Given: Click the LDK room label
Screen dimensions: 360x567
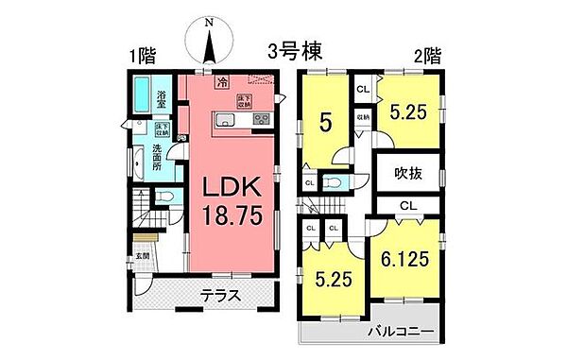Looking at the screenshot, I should point(232,187).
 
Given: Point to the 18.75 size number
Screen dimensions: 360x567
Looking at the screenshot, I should point(232,216).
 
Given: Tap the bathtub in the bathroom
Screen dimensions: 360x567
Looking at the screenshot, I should point(140,96).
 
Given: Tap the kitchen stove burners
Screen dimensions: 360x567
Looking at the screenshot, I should point(260,119).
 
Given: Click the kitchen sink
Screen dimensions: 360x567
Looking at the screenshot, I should point(228,119).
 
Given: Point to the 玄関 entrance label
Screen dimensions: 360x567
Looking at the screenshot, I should point(142,255).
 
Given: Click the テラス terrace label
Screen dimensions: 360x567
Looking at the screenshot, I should point(219,296).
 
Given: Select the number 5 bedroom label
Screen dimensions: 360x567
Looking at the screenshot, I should point(325,122).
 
